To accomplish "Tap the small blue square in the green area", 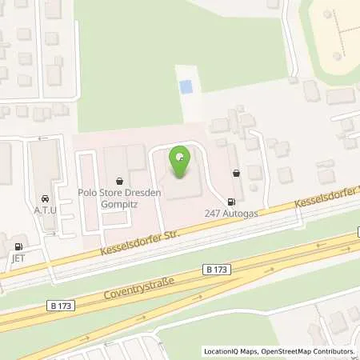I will coord(186,86).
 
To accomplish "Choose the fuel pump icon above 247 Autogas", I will coord(231,202).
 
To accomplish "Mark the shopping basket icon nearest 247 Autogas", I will coord(235,172).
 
